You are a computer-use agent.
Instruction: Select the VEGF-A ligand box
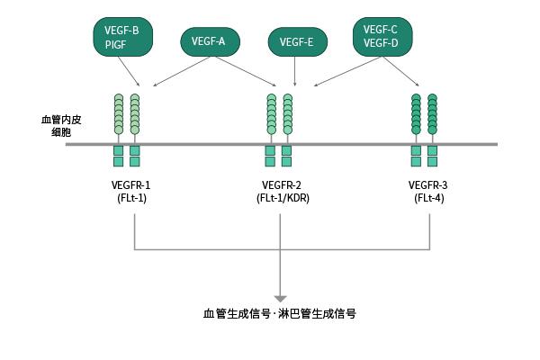point(210,40)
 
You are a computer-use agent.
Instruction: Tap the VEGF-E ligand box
point(297,40)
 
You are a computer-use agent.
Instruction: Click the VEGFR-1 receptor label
point(131,185)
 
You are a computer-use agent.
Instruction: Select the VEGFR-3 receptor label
point(427,185)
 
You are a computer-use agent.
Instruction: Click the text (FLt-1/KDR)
point(282,198)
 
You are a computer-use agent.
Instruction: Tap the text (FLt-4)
point(427,198)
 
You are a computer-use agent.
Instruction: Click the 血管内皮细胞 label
point(55,125)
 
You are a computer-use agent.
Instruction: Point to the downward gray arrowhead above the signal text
point(281,297)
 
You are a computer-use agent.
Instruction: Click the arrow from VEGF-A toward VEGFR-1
point(184,70)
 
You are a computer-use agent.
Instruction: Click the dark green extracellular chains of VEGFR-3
point(424,112)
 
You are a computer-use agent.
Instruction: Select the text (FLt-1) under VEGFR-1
point(131,198)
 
